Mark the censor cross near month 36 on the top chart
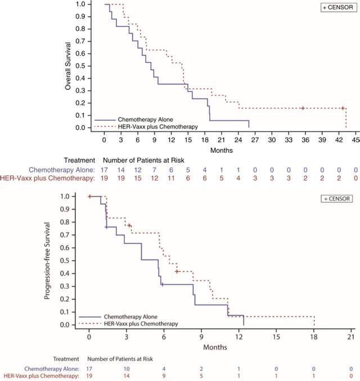(x=302, y=108)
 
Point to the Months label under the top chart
(x=222, y=150)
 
